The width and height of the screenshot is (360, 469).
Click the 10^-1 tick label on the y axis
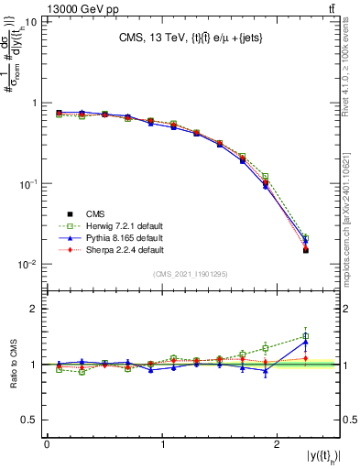(28, 184)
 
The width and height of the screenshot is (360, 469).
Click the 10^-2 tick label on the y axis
(28, 265)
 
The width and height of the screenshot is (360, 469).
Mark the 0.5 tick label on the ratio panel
(31, 420)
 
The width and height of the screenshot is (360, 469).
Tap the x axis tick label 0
(47, 444)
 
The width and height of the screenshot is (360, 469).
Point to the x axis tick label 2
(279, 444)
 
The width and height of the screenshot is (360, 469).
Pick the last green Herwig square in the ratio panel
(306, 336)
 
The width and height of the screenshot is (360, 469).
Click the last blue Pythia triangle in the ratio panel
(306, 343)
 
